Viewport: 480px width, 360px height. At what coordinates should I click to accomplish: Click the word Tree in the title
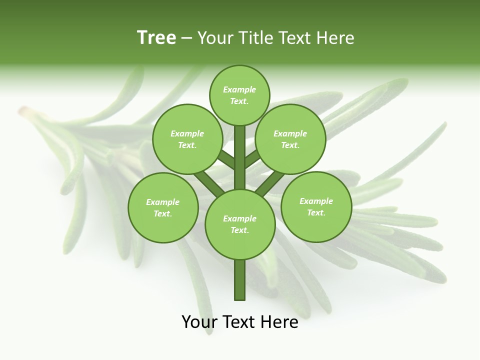pos(156,37)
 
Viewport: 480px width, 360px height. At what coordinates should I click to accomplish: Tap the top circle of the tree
pos(239,95)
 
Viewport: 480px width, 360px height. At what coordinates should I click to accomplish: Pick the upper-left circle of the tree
pos(187,139)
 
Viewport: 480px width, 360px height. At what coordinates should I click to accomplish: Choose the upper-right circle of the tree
pos(290,139)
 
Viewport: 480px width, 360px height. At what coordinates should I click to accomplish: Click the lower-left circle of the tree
pos(163,207)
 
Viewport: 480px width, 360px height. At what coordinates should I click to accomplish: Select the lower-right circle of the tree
pos(316,206)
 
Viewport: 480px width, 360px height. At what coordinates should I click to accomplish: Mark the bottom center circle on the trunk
pos(240,224)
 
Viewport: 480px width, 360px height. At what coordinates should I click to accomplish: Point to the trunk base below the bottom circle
pos(240,280)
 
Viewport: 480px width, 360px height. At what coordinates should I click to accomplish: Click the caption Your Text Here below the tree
pos(240,322)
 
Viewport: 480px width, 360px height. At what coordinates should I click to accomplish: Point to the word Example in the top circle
pos(239,89)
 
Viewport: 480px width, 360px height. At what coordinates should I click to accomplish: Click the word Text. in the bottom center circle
pos(240,230)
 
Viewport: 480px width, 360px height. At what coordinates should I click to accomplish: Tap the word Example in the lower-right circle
pos(316,201)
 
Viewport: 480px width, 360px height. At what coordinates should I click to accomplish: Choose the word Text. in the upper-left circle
pos(187,145)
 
